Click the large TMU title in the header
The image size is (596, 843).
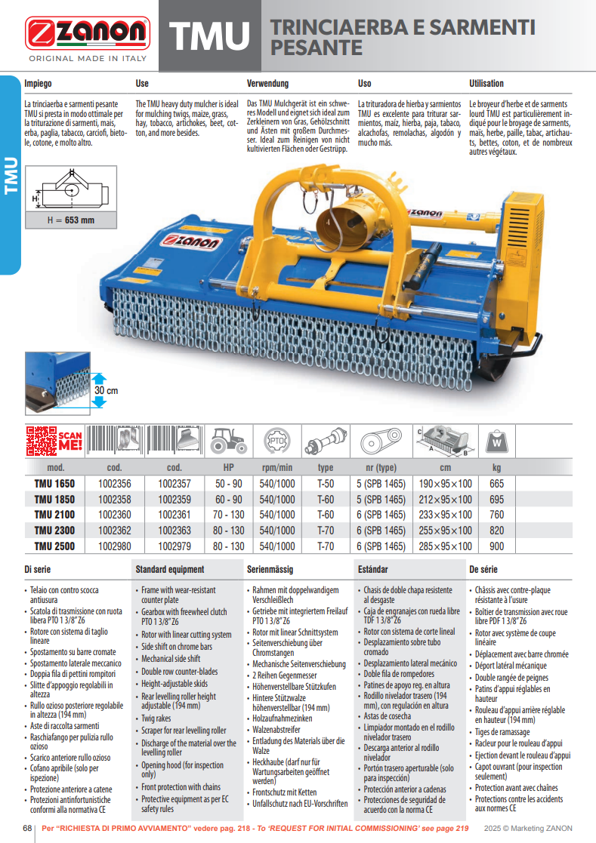pyautogui.click(x=209, y=36)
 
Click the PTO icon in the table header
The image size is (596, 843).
pyautogui.click(x=276, y=440)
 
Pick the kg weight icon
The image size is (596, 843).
pyautogui.click(x=496, y=441)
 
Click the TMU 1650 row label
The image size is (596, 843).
pyautogui.click(x=54, y=484)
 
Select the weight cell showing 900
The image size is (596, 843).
pyautogui.click(x=496, y=546)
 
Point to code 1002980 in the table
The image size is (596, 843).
pyautogui.click(x=115, y=546)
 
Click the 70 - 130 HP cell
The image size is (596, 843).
pyautogui.click(x=228, y=515)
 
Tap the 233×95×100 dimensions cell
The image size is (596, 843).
pyautogui.click(x=444, y=515)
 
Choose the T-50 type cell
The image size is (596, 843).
pyautogui.click(x=326, y=484)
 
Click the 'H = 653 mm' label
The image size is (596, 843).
pyautogui.click(x=71, y=220)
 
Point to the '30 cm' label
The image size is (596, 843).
pyautogui.click(x=106, y=391)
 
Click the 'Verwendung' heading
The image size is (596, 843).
pyautogui.click(x=267, y=84)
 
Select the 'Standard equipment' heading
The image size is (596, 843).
pyautogui.click(x=169, y=569)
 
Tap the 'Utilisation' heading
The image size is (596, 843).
pyautogui.click(x=486, y=84)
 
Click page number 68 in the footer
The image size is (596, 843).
pyautogui.click(x=27, y=828)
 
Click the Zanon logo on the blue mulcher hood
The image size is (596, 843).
pyautogui.click(x=190, y=242)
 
